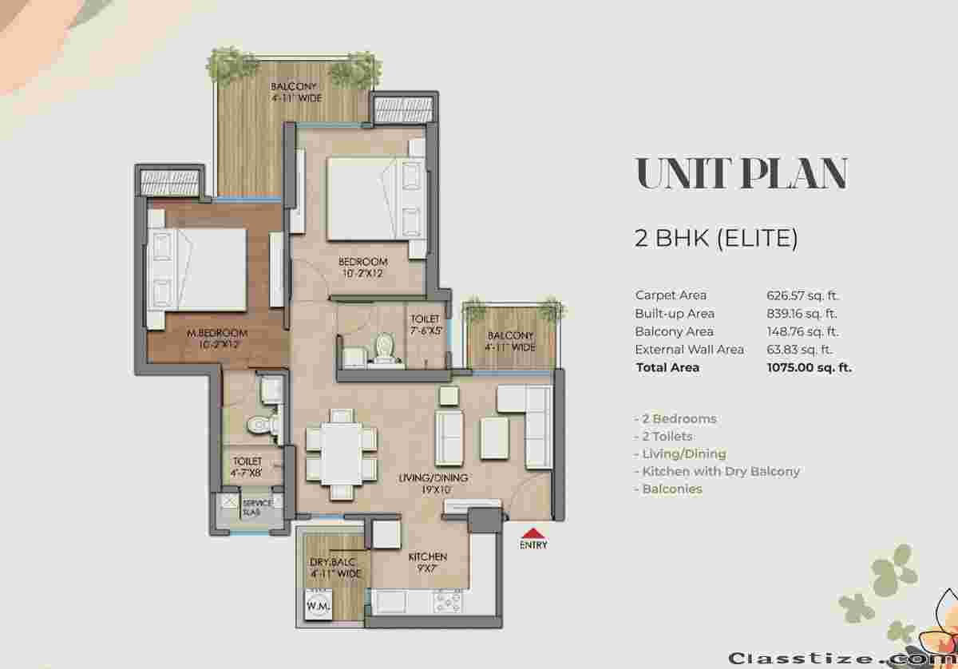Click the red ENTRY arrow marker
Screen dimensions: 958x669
(x=532, y=533)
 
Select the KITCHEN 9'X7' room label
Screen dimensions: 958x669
(x=427, y=563)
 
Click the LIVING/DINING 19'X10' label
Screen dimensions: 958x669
(x=433, y=483)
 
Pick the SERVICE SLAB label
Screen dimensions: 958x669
(x=257, y=507)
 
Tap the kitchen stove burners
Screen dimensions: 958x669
(x=448, y=602)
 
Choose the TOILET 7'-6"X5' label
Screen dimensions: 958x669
(x=426, y=325)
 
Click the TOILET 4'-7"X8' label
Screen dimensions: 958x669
(x=247, y=467)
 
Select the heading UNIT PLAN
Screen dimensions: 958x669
(x=742, y=172)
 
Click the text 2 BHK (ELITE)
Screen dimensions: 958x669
(x=716, y=238)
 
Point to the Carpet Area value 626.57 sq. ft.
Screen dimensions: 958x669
(x=802, y=295)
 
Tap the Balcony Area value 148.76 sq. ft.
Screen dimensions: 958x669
(x=802, y=331)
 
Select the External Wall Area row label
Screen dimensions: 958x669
(x=690, y=350)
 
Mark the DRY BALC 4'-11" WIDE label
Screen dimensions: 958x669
(x=335, y=568)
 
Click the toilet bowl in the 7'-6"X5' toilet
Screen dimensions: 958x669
(x=386, y=347)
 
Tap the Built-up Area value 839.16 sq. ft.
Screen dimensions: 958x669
(x=802, y=314)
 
